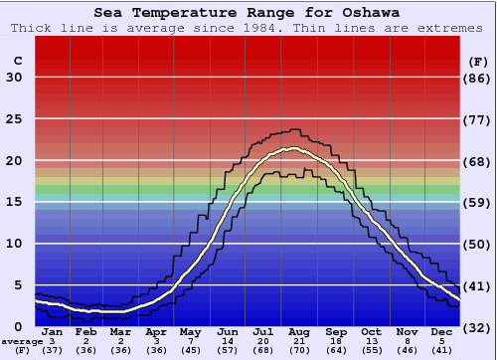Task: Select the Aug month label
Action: tap(299, 331)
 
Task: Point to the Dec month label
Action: tap(440, 331)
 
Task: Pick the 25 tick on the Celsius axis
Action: tap(14, 118)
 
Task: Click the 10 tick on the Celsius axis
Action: tap(14, 244)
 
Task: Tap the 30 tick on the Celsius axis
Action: tap(14, 78)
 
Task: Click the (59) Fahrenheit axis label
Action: tap(478, 202)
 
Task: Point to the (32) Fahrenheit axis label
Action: tap(478, 327)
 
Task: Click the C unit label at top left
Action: tap(17, 61)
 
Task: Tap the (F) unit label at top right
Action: tap(478, 61)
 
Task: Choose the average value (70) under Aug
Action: tap(299, 350)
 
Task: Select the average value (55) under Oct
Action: tap(370, 350)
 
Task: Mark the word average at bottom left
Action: tap(22, 341)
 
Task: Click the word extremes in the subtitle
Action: tap(453, 28)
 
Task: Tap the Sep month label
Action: tap(335, 331)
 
